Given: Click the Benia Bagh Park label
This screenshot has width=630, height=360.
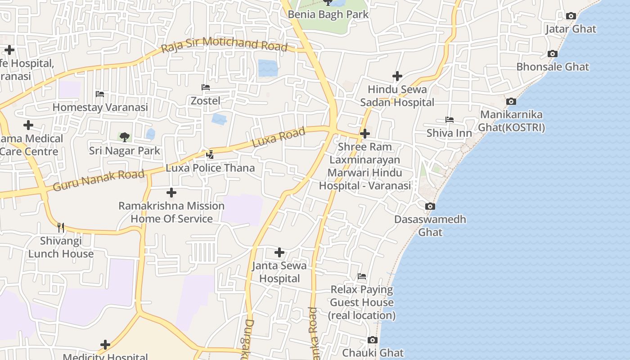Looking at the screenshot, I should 328,14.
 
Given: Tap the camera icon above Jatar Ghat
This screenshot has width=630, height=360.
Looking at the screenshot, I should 571,16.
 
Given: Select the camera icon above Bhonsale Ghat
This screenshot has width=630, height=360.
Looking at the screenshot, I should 553,54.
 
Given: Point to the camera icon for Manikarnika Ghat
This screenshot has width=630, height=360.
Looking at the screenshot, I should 511,102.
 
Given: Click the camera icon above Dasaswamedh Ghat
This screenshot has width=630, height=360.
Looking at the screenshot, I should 430,207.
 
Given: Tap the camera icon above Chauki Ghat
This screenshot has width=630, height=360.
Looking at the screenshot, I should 372,340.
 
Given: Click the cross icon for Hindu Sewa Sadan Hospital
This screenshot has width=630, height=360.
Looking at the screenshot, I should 397,76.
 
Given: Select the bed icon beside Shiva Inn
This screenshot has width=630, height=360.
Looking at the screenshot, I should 449,120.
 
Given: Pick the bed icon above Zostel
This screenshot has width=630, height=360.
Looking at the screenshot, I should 206,87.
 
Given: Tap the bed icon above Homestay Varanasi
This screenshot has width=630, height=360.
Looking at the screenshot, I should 100,94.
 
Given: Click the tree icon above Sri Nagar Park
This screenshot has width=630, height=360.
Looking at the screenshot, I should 124,137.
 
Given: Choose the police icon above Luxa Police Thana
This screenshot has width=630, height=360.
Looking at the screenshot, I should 210,155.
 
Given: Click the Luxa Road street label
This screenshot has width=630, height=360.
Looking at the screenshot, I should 279,137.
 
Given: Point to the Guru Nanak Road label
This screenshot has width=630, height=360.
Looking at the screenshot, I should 99,180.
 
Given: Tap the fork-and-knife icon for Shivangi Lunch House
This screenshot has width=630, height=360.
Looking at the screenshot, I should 61,227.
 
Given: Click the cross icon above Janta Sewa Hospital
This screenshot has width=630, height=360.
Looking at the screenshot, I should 279,252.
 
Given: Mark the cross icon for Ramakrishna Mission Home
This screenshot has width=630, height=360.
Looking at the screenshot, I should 171,193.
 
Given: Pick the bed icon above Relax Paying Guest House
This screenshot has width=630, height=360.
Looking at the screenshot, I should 362,276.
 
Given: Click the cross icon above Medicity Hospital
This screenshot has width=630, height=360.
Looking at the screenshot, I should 105,345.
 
